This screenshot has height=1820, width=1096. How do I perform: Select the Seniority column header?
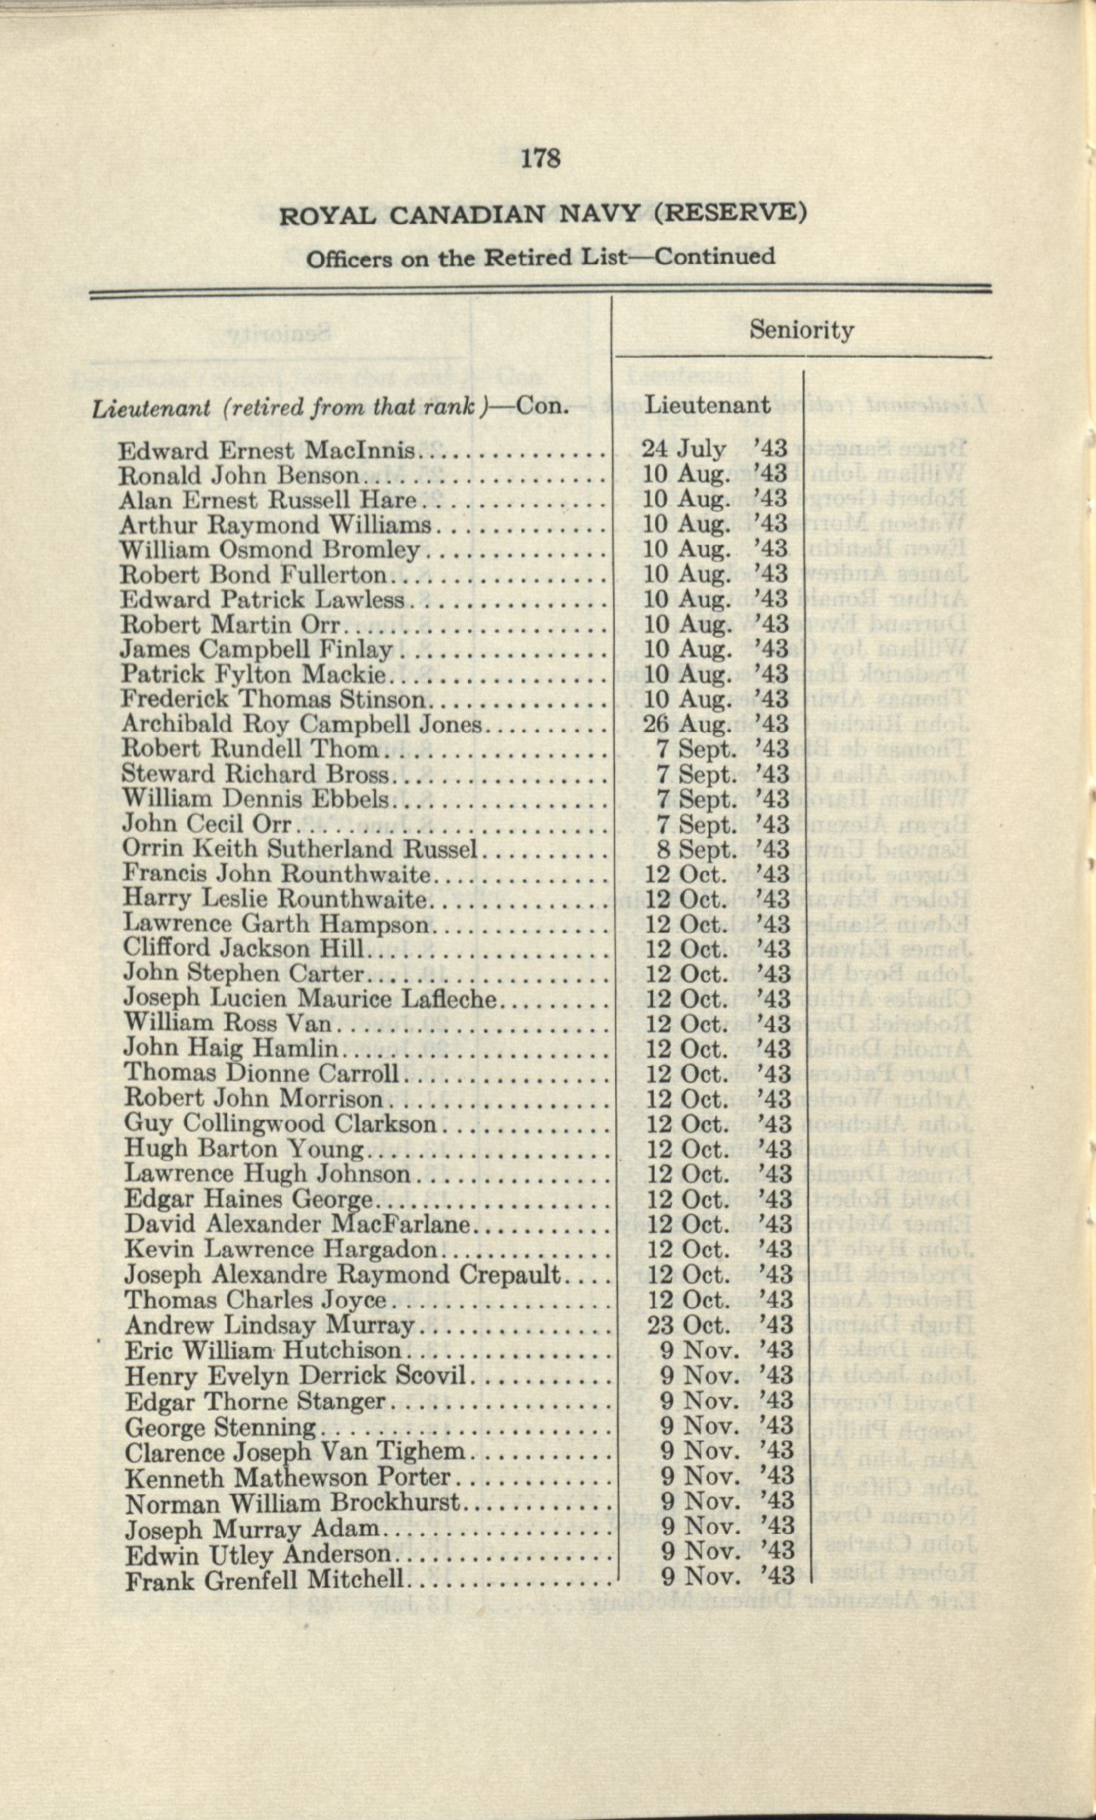[801, 330]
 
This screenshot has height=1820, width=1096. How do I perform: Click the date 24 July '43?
[714, 450]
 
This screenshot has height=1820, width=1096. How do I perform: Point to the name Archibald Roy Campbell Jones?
[301, 724]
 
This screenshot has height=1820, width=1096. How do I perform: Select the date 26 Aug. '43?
[714, 724]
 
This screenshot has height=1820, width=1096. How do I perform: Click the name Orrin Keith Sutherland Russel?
[300, 849]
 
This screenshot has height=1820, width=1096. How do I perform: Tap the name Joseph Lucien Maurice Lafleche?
[310, 999]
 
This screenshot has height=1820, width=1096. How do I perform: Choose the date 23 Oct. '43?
[717, 1326]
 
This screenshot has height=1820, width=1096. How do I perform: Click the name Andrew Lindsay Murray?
[270, 1326]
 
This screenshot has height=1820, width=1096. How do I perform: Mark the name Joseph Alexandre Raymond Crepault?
[343, 1275]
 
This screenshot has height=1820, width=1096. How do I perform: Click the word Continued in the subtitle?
[714, 257]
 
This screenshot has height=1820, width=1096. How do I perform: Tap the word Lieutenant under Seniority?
[707, 405]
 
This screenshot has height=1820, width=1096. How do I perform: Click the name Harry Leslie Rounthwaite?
[276, 899]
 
